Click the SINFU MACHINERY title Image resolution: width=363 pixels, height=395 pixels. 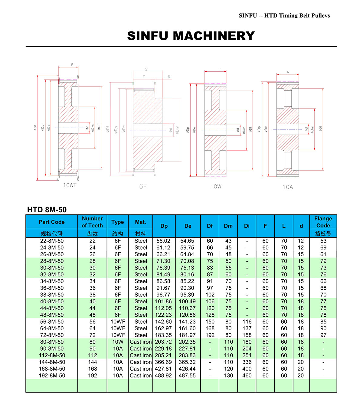191,36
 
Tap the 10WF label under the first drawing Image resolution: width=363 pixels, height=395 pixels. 70,185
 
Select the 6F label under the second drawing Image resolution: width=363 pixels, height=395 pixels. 143,186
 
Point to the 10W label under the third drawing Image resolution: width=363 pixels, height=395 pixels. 216,187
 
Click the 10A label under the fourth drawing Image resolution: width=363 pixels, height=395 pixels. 288,187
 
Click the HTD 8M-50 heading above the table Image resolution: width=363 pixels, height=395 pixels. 47,210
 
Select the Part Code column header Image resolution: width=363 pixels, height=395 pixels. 51,222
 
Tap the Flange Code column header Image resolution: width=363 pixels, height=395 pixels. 323,222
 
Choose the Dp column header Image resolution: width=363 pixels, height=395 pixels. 164,226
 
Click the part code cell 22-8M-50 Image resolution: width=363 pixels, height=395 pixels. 52,241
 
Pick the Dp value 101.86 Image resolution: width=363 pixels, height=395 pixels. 163,302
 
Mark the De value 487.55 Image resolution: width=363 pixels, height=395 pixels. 187,375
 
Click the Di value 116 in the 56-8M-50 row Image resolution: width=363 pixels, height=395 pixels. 247,322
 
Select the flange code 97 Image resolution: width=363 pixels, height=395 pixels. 323,335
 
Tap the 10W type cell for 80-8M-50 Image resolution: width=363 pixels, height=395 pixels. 118,342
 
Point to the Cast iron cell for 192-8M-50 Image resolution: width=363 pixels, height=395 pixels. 141,375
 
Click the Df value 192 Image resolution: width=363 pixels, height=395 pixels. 210,335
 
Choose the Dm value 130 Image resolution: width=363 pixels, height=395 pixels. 228,375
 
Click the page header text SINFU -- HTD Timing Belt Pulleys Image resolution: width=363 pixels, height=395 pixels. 284,15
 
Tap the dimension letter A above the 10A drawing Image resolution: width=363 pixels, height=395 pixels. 288,72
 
